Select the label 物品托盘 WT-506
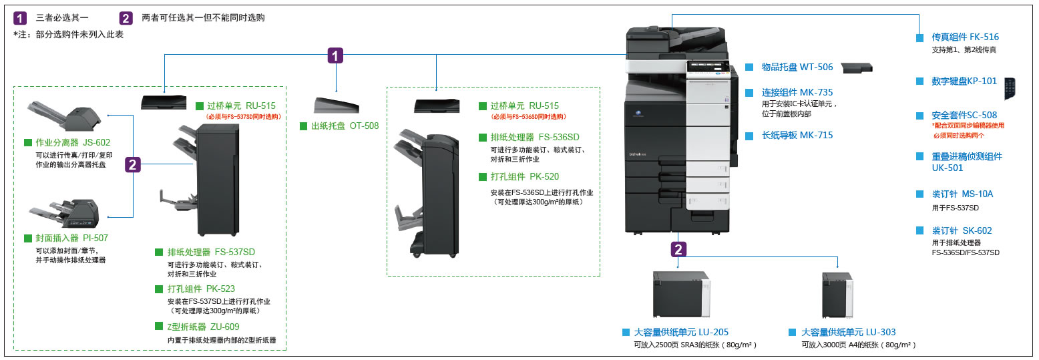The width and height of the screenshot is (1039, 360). [x=797, y=67]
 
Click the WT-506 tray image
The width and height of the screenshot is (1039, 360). [x=855, y=67]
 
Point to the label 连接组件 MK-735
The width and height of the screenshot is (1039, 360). [x=797, y=93]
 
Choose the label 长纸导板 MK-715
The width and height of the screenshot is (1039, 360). [x=797, y=135]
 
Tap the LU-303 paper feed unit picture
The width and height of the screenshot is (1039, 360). [x=837, y=296]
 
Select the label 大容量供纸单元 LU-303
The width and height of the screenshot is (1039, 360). [x=848, y=332]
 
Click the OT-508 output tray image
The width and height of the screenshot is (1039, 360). [x=336, y=106]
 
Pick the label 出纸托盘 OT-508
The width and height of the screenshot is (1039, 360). [x=345, y=125]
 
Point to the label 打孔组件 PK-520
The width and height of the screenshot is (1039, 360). [x=525, y=177]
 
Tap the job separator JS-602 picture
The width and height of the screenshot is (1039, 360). [x=65, y=116]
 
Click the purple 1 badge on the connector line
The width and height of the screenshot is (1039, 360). [x=336, y=55]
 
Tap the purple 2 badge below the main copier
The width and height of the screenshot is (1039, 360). [x=678, y=250]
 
